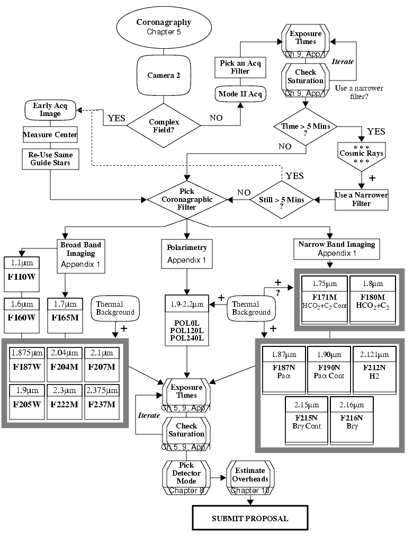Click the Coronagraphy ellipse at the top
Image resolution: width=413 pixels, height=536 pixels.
tap(163, 27)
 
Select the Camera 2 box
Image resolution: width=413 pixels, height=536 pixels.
tap(163, 75)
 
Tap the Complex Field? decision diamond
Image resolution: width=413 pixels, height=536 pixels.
tap(164, 126)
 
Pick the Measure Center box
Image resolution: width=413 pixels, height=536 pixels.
tap(50, 135)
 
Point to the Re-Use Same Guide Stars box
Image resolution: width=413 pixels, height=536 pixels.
tap(50, 158)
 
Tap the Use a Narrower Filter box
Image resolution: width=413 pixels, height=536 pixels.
tap(361, 199)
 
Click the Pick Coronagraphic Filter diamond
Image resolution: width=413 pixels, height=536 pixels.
tap(186, 200)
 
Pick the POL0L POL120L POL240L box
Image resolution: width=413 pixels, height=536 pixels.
tap(186, 327)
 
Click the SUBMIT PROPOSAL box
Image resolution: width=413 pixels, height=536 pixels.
tap(249, 518)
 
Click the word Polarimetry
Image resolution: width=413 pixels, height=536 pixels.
tap(186, 248)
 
